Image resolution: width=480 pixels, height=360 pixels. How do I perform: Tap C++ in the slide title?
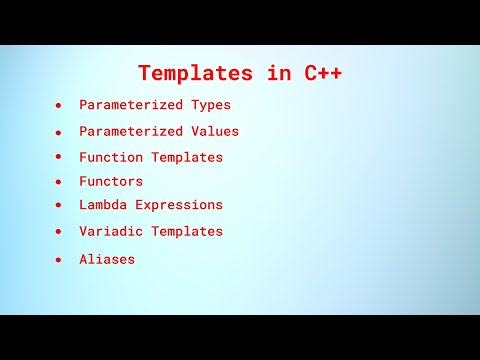320,73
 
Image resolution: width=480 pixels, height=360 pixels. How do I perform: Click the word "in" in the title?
261,73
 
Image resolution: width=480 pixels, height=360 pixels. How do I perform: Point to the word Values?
215,131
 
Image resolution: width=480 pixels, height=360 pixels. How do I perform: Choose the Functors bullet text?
111,181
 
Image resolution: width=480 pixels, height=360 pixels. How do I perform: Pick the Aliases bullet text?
107,259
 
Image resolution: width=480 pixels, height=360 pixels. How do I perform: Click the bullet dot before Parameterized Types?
59,105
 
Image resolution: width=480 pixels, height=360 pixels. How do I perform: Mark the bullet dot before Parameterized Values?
59,132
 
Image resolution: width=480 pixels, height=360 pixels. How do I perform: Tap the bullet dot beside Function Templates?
59,157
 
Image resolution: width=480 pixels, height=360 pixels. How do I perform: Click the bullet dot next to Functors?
59,182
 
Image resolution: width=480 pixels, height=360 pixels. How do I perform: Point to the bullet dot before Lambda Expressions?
59,205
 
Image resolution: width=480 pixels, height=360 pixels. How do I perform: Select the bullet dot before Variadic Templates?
59,232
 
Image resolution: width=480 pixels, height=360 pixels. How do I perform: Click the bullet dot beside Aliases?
59,259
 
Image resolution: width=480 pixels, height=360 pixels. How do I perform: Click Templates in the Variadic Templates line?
187,231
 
